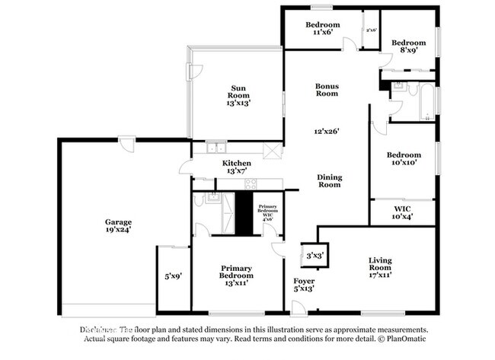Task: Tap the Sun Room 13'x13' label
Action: pos(238,95)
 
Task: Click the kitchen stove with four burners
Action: pos(251,183)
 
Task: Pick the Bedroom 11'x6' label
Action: pos(323,29)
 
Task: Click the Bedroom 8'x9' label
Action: pos(409,46)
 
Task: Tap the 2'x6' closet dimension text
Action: pos(371,30)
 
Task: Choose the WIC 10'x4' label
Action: pos(403,212)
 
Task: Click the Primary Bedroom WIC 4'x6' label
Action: pos(267,213)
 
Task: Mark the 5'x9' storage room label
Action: pos(172,276)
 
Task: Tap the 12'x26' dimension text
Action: pos(327,131)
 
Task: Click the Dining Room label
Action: pos(329,180)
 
